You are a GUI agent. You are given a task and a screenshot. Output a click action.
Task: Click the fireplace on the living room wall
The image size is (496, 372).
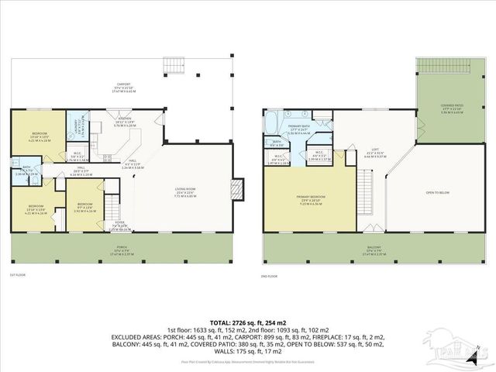coord(239,187)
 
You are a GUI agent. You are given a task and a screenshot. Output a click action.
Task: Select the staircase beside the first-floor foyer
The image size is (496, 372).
coord(113,208)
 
